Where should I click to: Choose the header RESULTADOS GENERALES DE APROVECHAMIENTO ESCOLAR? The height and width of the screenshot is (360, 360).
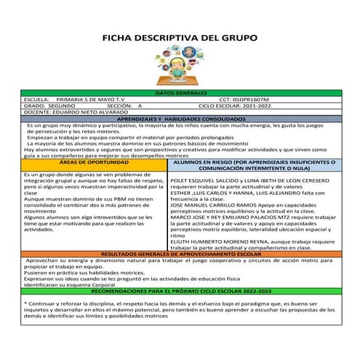180,254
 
